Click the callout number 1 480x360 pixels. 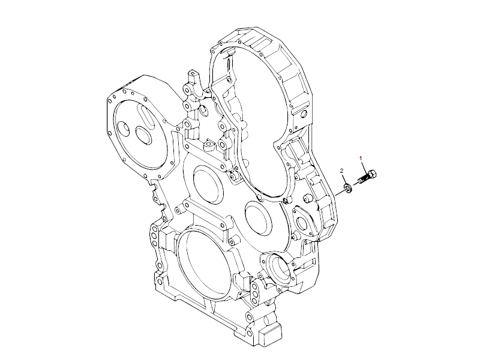pyautogui.click(x=361, y=157)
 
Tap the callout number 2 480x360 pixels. pyautogui.click(x=342, y=171)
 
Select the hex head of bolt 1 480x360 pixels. pyautogui.click(x=373, y=175)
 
